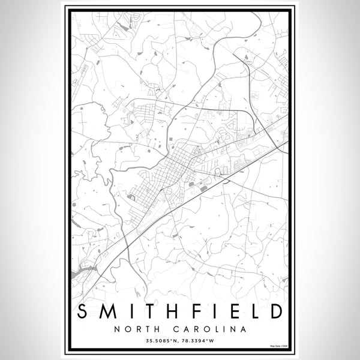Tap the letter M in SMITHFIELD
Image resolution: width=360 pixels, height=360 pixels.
pos(107,312)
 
